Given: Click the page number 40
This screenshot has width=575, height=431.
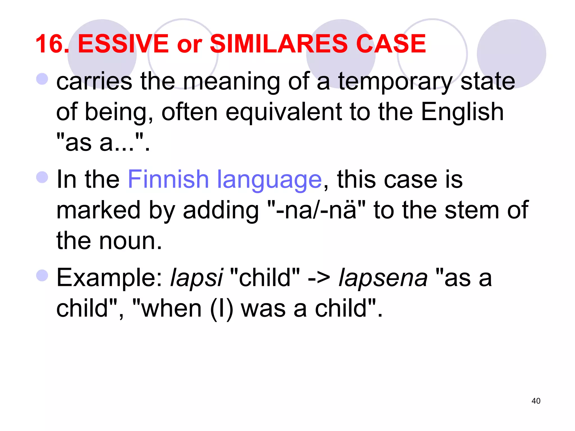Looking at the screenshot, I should point(536,401).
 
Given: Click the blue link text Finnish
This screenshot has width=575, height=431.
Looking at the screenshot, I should point(168,179).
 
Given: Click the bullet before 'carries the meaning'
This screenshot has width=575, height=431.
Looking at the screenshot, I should point(42,79).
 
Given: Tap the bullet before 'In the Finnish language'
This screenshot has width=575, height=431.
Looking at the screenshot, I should point(42,177).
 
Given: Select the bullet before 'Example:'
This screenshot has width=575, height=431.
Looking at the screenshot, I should point(42,275).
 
